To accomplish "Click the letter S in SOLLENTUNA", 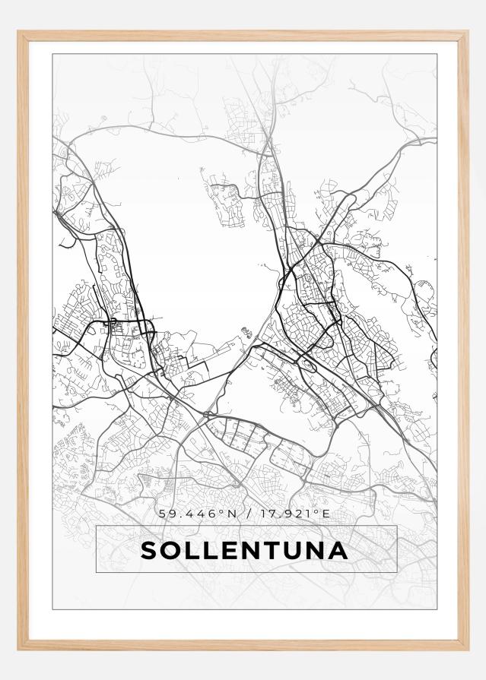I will coord(149,550).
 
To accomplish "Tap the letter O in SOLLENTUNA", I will coord(171,550).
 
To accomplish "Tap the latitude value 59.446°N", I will coord(199,514).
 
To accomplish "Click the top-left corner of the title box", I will coord(97,526).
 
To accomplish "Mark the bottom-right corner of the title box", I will coord(397,571).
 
